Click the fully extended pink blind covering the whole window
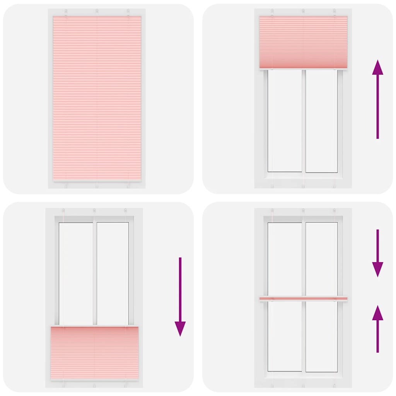point(97,99)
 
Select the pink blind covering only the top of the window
point(303,42)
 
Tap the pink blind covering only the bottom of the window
point(94,353)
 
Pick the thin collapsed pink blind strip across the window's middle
point(303,299)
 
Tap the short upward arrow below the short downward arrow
point(377,329)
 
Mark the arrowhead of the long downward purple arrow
point(180,329)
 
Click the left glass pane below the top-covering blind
point(285,121)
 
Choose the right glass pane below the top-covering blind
point(322,121)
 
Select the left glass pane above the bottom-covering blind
point(76,273)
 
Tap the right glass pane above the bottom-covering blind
point(113,273)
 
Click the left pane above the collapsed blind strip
point(285,258)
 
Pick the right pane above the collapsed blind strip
point(322,258)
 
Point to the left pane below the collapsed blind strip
point(285,336)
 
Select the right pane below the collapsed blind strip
point(322,336)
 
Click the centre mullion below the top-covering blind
point(304,121)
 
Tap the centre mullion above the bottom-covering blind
point(94,273)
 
